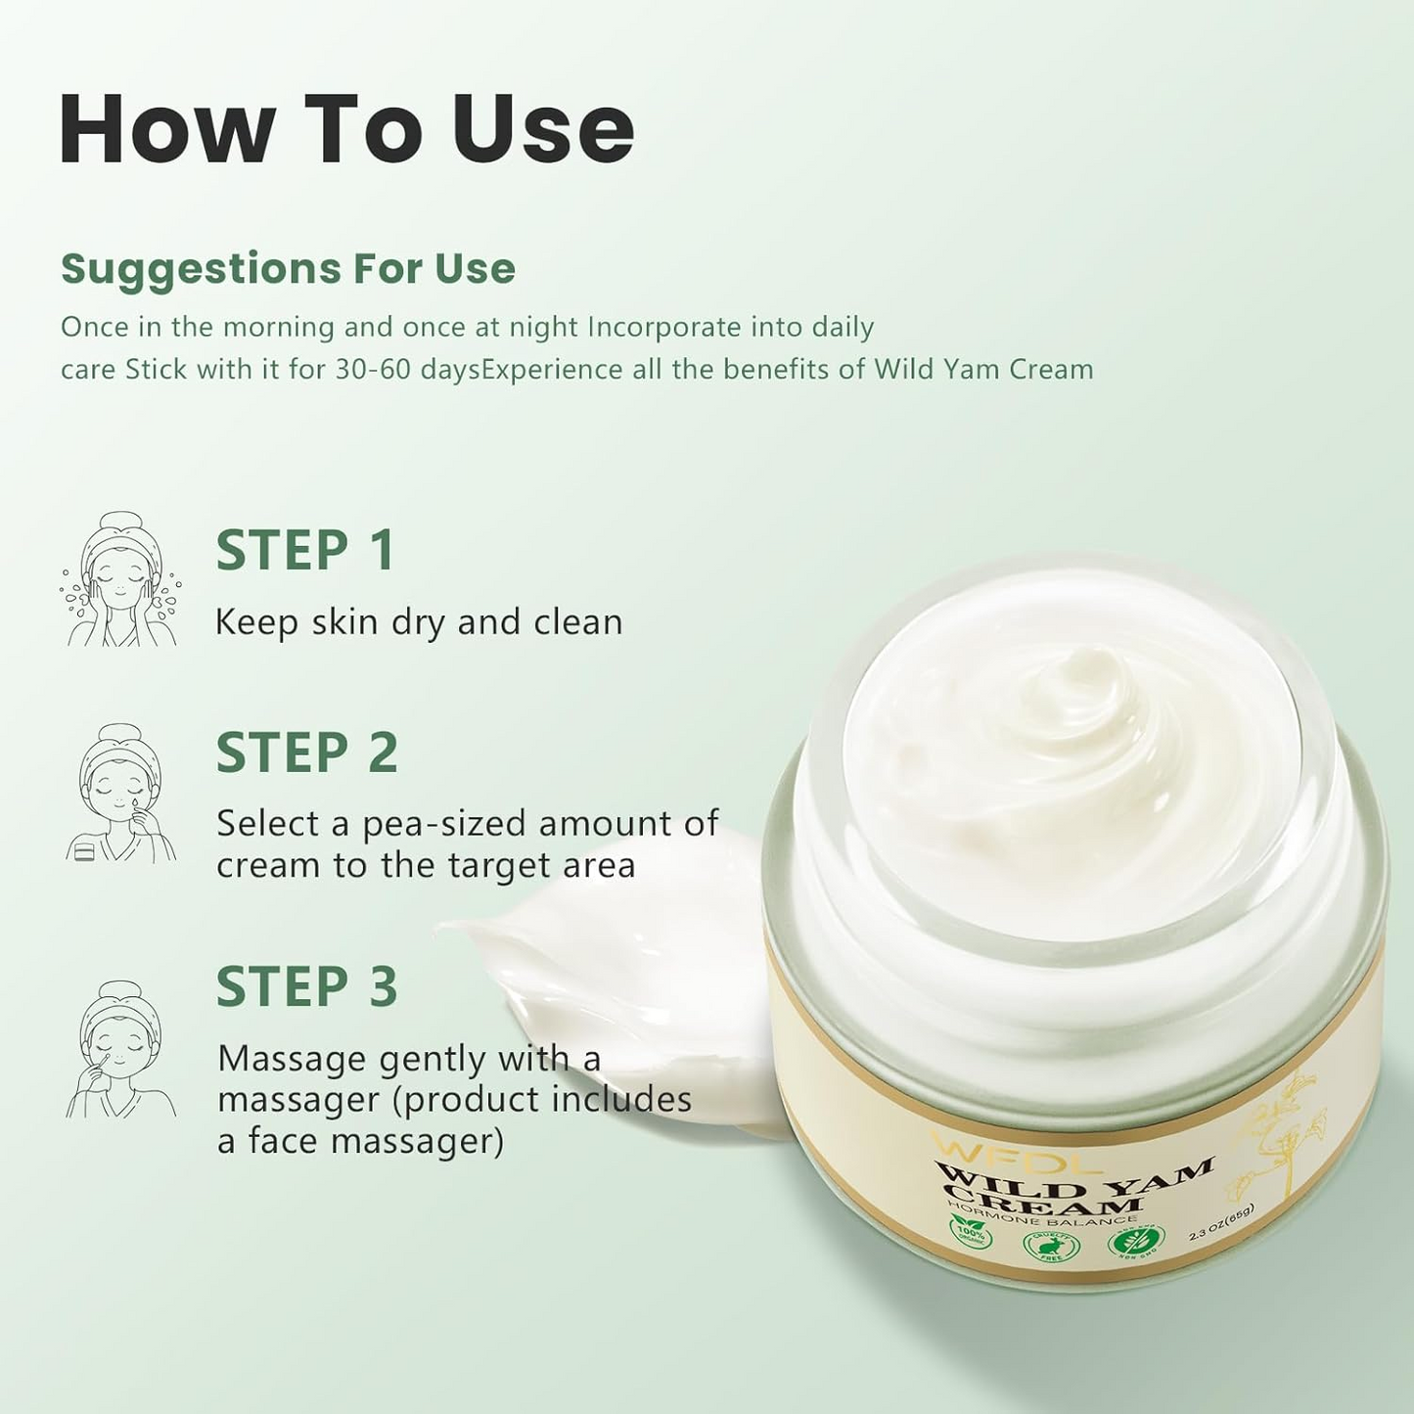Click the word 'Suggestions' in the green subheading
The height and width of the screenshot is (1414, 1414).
pyautogui.click(x=200, y=268)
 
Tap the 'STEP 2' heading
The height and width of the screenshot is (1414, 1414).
pyautogui.click(x=307, y=753)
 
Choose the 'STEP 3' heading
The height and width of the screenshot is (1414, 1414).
pyautogui.click(x=307, y=985)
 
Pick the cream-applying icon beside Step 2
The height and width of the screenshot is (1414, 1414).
pyautogui.click(x=119, y=794)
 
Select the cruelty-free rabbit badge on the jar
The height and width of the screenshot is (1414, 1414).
pyautogui.click(x=1044, y=1246)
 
